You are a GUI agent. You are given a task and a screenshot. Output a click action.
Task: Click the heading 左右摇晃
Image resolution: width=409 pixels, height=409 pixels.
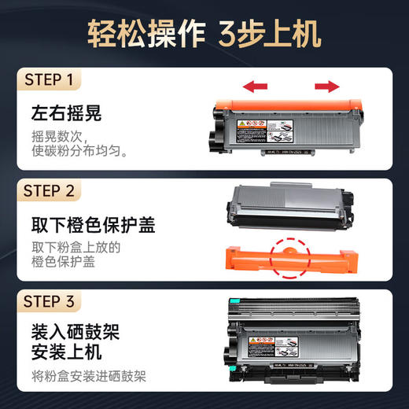point(67,113)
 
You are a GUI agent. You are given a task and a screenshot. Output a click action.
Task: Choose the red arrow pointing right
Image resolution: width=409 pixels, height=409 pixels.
point(329,86)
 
